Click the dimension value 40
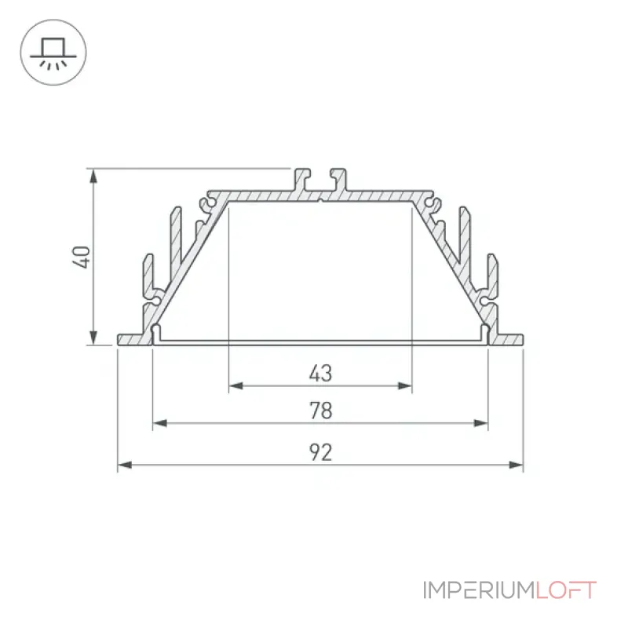(82, 257)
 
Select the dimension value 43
(320, 374)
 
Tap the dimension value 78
(321, 411)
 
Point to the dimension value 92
(321, 453)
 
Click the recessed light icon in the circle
(53, 53)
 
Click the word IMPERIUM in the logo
(479, 590)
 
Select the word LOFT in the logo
(566, 590)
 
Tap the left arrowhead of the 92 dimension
(125, 465)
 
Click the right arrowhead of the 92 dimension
(517, 465)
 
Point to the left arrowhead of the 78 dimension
(160, 423)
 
